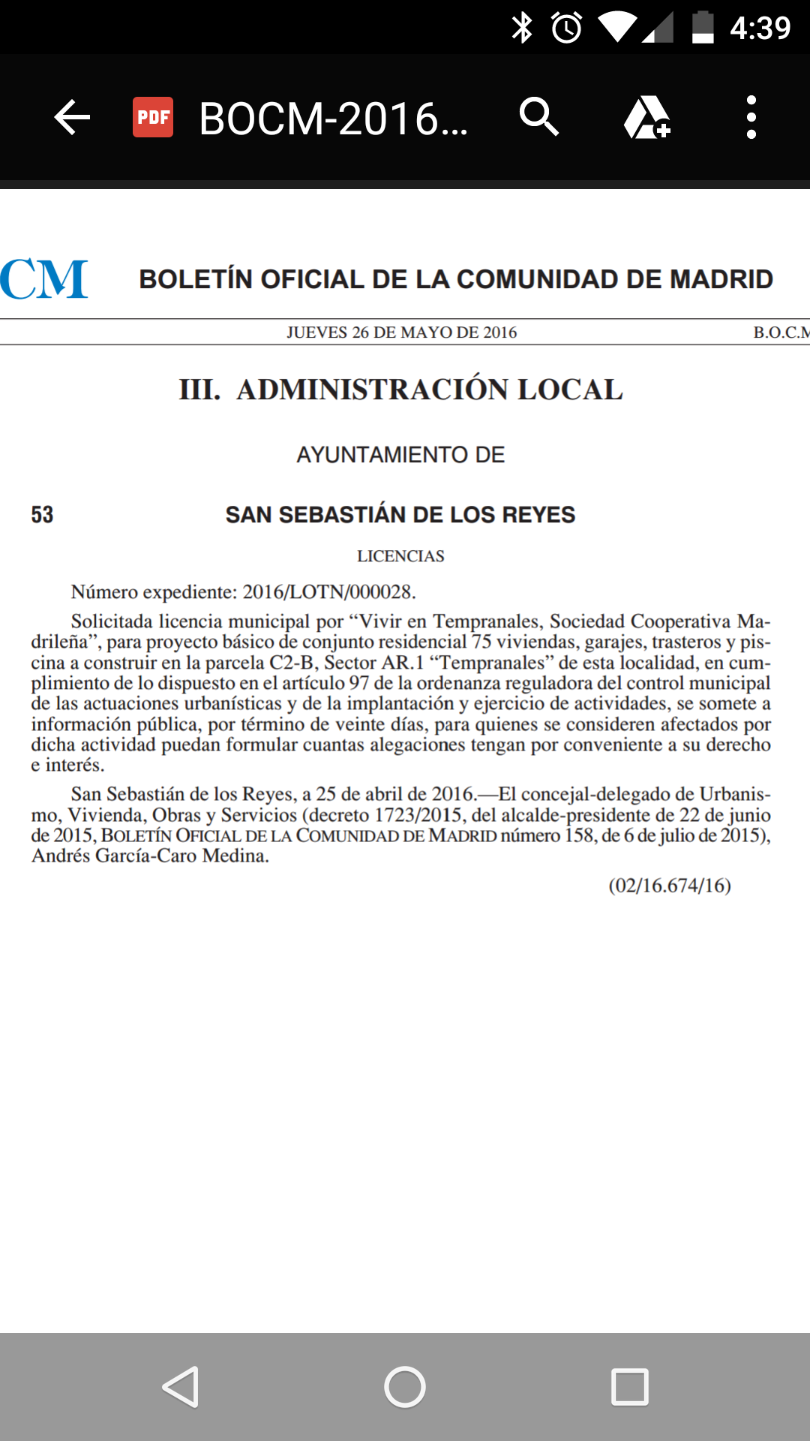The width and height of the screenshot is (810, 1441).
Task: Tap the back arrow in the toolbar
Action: point(72,118)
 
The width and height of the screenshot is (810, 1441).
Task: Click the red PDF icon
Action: point(153,118)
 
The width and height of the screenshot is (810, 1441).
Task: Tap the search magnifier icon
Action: point(538,117)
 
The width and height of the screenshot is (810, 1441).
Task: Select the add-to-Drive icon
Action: point(646,118)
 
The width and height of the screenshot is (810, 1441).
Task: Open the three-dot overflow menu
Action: point(751,118)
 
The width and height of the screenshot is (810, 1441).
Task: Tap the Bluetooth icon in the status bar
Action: point(522,28)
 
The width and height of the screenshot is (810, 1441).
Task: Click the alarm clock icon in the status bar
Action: point(567,28)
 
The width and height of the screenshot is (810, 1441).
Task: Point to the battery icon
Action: point(703,28)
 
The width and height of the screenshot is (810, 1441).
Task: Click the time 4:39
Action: point(760,29)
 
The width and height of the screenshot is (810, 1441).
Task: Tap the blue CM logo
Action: point(43,279)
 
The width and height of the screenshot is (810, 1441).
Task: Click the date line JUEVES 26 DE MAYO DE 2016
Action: point(401,332)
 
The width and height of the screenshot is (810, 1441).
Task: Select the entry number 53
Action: point(43,515)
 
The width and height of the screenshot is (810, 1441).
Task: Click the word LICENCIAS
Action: point(400,556)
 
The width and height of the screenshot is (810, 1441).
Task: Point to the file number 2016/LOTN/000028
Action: point(328,592)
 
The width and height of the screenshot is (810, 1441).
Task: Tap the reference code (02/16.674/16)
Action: point(670,886)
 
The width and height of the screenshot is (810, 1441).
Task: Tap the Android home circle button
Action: point(405,1387)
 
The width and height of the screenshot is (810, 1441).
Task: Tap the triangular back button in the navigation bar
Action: point(181,1387)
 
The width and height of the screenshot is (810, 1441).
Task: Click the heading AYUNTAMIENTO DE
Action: point(400,455)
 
